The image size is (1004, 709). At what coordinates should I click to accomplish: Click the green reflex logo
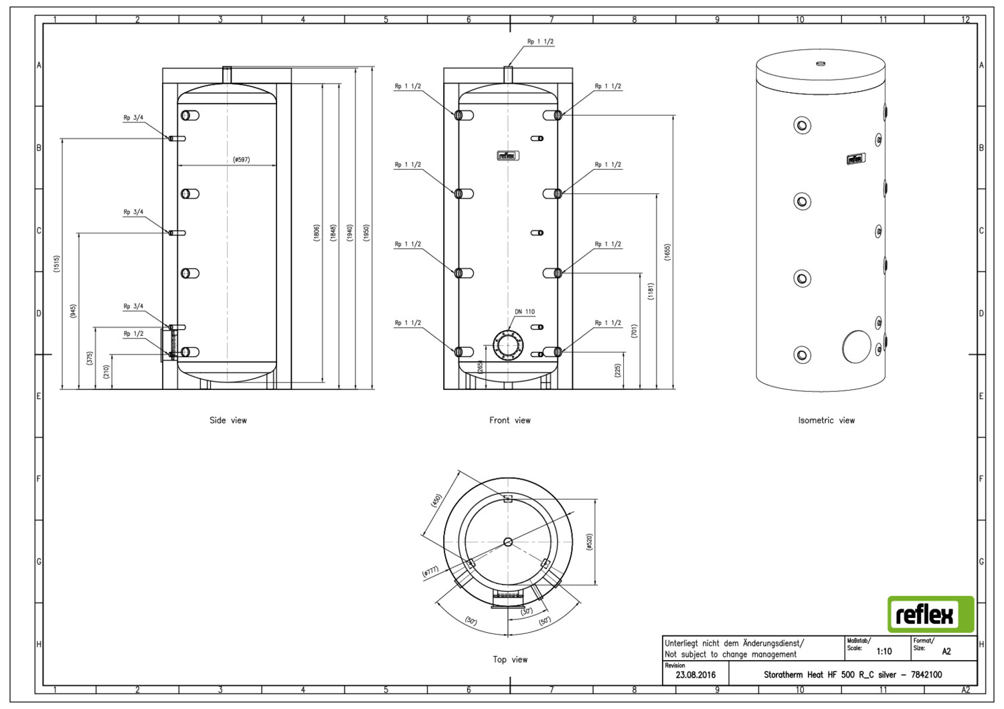pyautogui.click(x=931, y=614)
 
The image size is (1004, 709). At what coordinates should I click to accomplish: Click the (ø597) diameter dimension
pyautogui.click(x=241, y=159)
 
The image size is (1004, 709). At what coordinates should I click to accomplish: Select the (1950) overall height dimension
pyautogui.click(x=366, y=233)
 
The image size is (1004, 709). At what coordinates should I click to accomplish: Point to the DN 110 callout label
pyautogui.click(x=525, y=312)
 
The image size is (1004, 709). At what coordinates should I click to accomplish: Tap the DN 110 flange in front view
pyautogui.click(x=508, y=345)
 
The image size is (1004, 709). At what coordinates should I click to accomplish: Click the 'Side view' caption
pyautogui.click(x=228, y=420)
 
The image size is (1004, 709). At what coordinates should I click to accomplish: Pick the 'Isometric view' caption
pyautogui.click(x=827, y=420)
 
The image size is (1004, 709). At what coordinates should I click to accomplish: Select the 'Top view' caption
pyautogui.click(x=510, y=660)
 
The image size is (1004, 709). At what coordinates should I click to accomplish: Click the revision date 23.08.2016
pyautogui.click(x=695, y=675)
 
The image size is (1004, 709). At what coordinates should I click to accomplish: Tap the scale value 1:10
pyautogui.click(x=884, y=651)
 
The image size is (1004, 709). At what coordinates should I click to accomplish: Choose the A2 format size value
pyautogui.click(x=946, y=651)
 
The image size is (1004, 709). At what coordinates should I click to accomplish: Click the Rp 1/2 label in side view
pyautogui.click(x=134, y=334)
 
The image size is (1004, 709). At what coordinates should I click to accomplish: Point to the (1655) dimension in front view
pyautogui.click(x=667, y=252)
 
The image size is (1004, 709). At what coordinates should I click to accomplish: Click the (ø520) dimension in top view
pyautogui.click(x=590, y=542)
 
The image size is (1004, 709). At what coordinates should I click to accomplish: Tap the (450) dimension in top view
pyautogui.click(x=436, y=500)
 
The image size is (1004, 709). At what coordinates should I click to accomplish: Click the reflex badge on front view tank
pyautogui.click(x=508, y=156)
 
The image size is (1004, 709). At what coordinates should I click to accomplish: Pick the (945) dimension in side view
pyautogui.click(x=73, y=311)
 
